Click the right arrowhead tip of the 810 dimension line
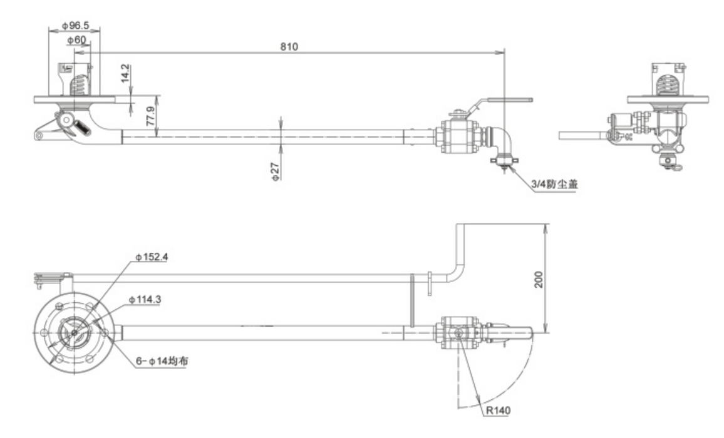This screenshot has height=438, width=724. click(505, 52)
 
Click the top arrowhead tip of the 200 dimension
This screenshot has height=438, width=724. click(547, 224)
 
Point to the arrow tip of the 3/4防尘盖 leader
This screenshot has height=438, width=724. click(507, 166)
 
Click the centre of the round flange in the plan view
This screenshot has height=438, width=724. click(74, 332)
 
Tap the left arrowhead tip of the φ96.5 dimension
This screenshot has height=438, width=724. click(49, 31)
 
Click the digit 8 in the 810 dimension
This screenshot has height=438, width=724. click(282, 46)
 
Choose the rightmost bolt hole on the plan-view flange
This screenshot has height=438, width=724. click(105, 332)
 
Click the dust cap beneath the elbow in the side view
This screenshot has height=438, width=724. click(504, 161)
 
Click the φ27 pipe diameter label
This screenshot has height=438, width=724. click(276, 171)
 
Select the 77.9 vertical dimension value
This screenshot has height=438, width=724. click(150, 116)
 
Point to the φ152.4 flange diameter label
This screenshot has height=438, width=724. click(152, 257)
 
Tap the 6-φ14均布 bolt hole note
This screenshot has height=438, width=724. click(162, 361)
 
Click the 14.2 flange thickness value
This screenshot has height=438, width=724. click(126, 73)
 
